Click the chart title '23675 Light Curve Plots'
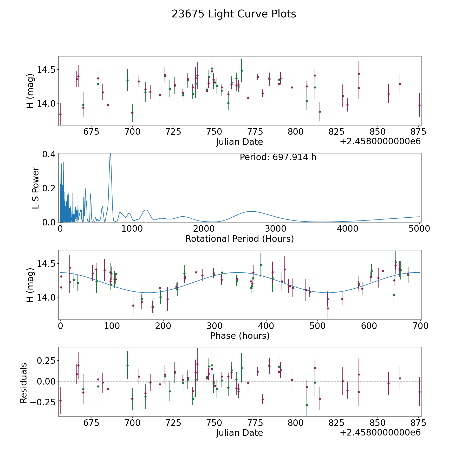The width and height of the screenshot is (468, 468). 234,14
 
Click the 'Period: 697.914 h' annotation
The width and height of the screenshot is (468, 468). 278,157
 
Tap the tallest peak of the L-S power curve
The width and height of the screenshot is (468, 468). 110,154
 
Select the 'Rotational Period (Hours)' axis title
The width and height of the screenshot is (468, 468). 239,239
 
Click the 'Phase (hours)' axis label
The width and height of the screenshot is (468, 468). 240,336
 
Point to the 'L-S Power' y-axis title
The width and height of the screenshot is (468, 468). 36,188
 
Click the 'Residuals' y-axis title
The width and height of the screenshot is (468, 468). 23,383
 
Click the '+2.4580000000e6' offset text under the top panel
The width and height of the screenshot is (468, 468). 380,141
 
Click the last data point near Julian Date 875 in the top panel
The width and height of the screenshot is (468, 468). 419,105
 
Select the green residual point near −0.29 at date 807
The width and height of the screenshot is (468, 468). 307,405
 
